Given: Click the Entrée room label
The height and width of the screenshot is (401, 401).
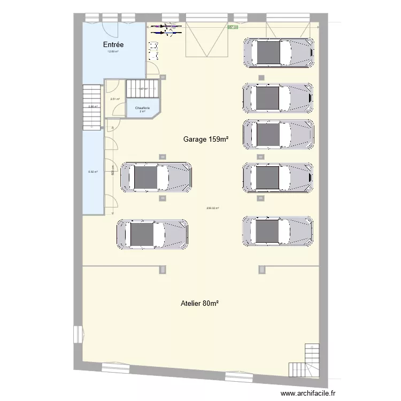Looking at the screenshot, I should tap(113, 45).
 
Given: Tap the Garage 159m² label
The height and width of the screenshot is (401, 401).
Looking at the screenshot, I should tap(206, 139).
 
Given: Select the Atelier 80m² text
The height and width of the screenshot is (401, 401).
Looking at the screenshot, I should tap(199, 303).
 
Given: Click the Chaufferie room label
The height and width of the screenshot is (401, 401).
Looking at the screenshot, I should tap(143, 108).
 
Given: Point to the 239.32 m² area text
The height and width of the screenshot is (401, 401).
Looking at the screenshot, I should tap(213, 209).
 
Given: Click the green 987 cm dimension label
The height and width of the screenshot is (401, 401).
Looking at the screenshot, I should tap(233, 27).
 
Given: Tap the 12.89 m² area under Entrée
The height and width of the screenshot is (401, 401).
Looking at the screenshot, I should tap(113, 52).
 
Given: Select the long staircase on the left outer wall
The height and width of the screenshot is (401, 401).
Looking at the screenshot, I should tap(92, 107).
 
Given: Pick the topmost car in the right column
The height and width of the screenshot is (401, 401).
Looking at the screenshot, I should tap(277, 52).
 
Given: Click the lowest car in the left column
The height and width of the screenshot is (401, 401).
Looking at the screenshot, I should tap(152, 234).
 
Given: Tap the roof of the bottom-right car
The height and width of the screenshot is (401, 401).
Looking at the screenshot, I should tap(266, 231).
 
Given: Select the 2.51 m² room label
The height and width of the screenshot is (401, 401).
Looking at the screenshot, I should tap(114, 99).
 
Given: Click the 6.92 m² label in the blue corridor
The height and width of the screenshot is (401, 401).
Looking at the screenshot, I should tap(92, 172).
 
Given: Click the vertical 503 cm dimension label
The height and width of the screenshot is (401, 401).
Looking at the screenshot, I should tap(113, 170).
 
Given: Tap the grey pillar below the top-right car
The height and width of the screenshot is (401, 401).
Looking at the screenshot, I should tap(261, 78).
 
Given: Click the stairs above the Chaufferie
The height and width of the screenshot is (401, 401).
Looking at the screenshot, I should tap(143, 89).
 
